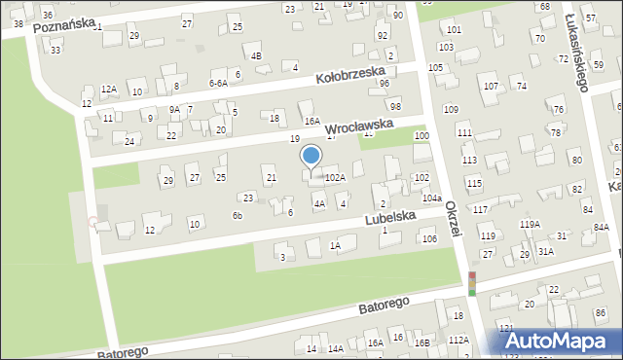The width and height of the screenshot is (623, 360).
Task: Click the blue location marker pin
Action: [311, 157]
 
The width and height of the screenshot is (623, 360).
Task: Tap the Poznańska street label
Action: [63, 24]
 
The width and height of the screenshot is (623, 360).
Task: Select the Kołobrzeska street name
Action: [350, 75]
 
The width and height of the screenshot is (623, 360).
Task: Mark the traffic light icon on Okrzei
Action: [471, 283]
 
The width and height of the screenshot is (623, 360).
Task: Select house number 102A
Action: [335, 177]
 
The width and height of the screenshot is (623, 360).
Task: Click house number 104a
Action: [431, 198]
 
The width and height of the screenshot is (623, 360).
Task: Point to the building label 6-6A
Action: [218, 84]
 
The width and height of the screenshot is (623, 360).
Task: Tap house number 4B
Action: [256, 55]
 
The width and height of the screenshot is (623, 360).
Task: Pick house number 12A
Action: [108, 89]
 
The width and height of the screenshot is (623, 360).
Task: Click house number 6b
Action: [237, 215]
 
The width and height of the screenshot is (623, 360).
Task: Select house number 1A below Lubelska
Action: [335, 246]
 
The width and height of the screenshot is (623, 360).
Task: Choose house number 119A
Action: [530, 225]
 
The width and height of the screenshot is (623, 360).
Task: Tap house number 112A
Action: [458, 340]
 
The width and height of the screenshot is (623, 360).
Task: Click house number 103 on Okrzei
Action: [447, 47]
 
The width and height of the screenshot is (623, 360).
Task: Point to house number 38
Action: [18, 22]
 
